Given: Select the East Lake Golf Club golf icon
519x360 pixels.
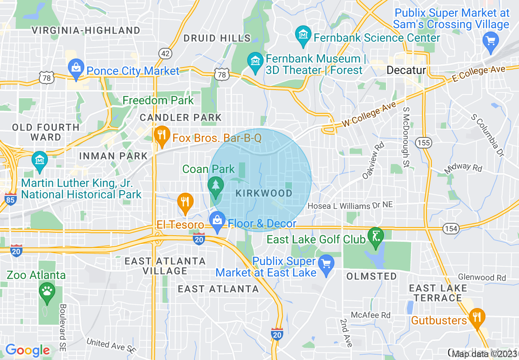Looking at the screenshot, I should coord(375,236).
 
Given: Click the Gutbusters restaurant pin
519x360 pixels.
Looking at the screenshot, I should coord(476,317).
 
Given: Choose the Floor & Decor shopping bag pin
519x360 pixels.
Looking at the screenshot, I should coord(217,221).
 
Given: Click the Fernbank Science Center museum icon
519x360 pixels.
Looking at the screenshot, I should coord(303,35).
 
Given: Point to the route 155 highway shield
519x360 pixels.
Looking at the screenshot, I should coord(423,142).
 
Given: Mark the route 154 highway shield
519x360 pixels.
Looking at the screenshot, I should coord(451,228).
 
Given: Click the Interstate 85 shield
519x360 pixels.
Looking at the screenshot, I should coord(11,199).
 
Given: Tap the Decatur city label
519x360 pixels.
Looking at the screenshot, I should coord(406,70).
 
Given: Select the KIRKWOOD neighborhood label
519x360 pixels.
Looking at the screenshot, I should coord(264,193).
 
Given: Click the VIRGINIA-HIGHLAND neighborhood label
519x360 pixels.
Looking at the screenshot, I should coord(86,30).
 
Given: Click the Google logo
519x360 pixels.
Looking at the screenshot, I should coord(27,350).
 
